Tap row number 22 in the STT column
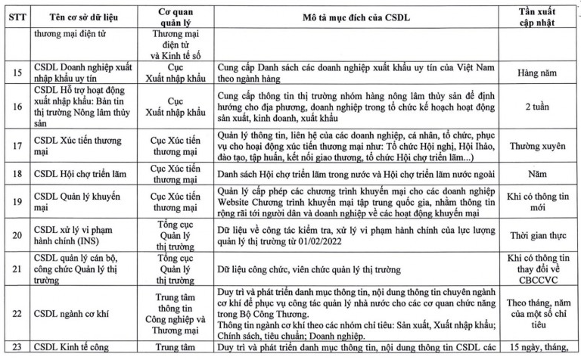pyautogui.click(x=14, y=311)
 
